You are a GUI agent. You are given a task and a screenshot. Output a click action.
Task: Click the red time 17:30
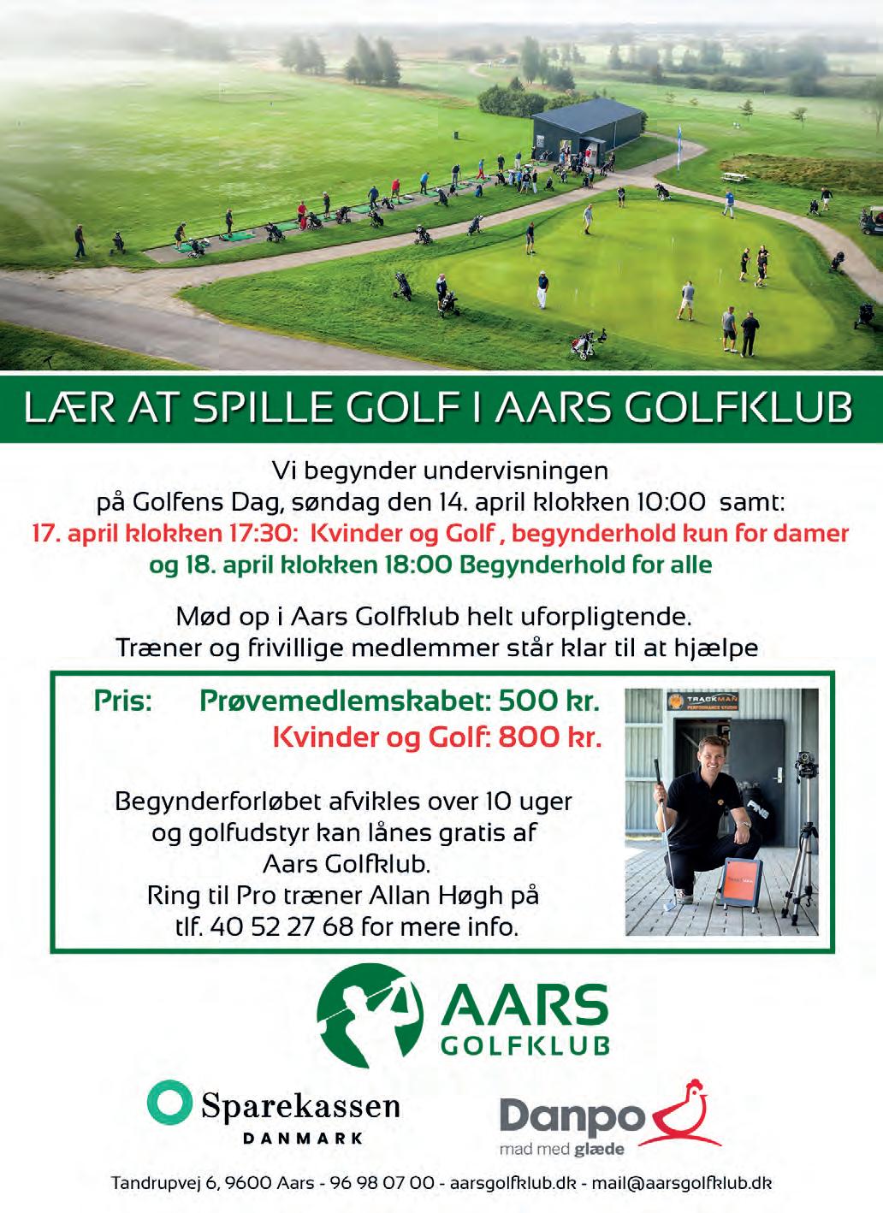[x=257, y=534]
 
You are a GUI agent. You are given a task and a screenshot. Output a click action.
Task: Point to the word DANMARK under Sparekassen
[x=303, y=1139]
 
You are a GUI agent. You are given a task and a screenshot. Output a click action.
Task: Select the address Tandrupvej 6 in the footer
[x=165, y=1185]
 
